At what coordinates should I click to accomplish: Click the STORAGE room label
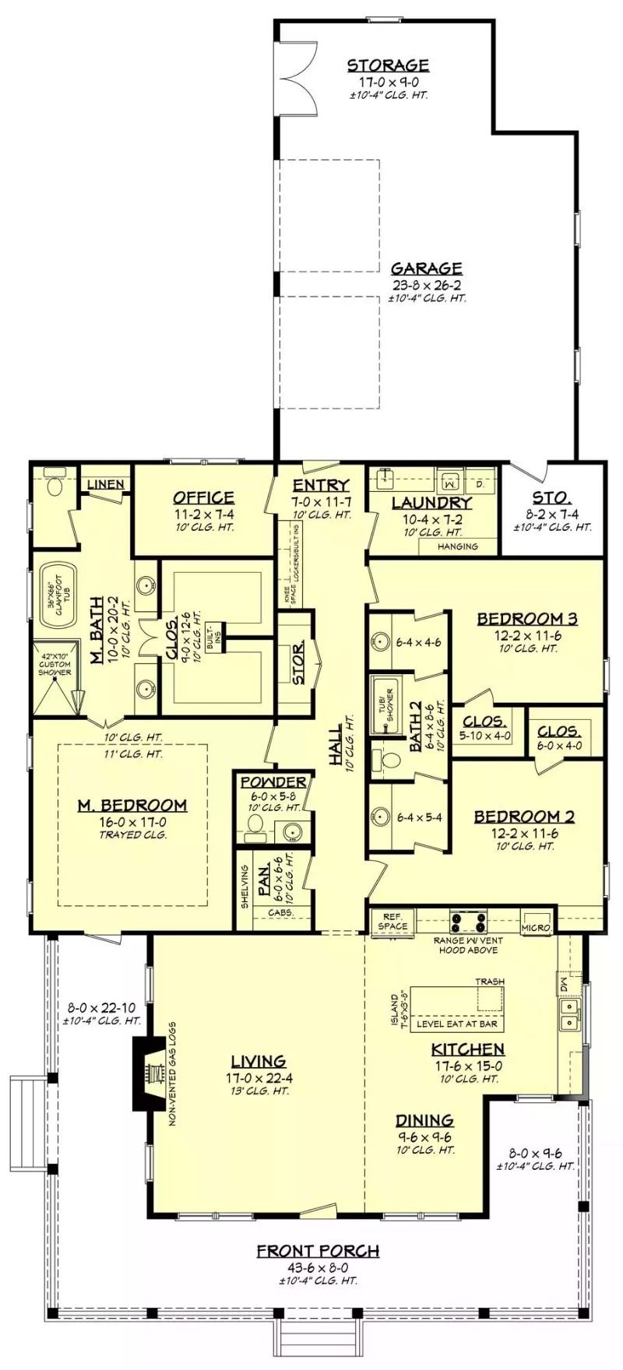tap(388, 65)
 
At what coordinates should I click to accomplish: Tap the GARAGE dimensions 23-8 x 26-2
tap(427, 285)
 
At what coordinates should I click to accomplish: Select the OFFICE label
tap(203, 497)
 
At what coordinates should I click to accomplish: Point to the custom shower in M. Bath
tap(57, 678)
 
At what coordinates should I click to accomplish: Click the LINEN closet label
tap(106, 484)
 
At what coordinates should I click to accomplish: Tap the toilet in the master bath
tap(55, 485)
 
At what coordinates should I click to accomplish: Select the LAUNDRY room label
tap(431, 503)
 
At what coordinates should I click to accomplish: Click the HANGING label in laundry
tap(458, 546)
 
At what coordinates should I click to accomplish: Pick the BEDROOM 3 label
tap(526, 619)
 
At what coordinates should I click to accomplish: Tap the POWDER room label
tap(273, 782)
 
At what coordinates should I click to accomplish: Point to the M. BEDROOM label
tap(132, 805)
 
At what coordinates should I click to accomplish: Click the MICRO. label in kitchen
tap(537, 927)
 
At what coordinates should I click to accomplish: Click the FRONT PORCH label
tap(318, 1251)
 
